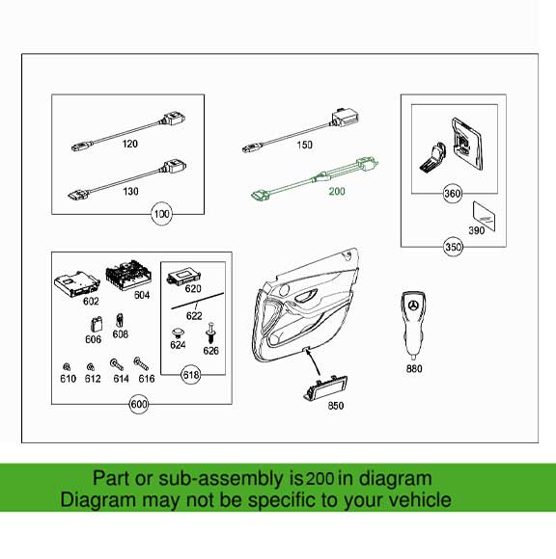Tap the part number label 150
pos(304,145)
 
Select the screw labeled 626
pos(210,334)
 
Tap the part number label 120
pos(129,145)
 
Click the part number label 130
pos(129,192)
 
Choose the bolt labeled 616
pos(140,364)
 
